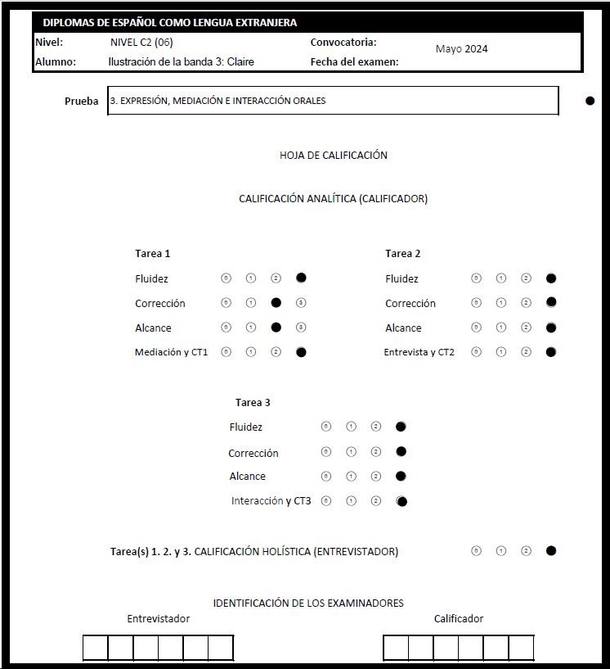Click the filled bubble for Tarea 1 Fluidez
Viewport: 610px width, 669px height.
[301, 278]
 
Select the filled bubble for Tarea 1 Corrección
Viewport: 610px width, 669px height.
[276, 303]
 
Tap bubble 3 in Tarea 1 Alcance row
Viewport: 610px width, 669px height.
[301, 328]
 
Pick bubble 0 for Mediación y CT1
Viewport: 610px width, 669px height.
[227, 352]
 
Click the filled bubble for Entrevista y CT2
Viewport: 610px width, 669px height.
[551, 352]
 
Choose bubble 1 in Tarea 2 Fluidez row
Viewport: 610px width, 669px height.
[501, 278]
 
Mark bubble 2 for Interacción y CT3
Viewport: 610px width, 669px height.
[375, 501]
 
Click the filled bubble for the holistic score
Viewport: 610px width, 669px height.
[551, 551]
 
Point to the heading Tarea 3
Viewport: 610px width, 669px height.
[253, 402]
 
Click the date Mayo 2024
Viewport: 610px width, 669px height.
[461, 48]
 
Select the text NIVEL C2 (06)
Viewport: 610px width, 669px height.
[141, 43]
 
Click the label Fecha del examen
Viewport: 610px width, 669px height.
[355, 61]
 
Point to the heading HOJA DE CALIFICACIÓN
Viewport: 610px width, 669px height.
[333, 155]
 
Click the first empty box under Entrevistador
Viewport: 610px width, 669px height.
[95, 648]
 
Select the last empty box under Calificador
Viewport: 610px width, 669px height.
[521, 648]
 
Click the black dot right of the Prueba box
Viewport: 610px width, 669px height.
[590, 101]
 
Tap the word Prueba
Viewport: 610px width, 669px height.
[82, 102]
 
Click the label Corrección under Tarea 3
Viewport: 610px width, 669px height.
[253, 453]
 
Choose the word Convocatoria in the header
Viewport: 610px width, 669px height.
[343, 43]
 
